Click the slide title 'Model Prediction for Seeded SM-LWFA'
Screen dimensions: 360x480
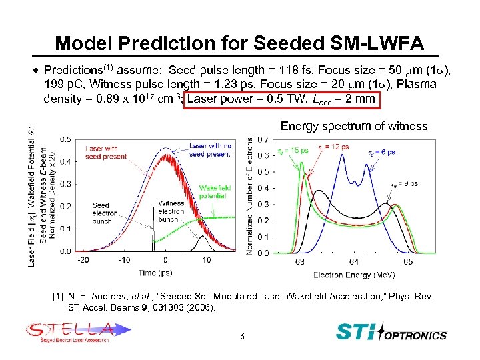(x=239, y=43)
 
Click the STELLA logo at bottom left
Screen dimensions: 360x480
(x=70, y=331)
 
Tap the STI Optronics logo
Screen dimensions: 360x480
(x=391, y=331)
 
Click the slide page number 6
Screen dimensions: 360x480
(x=243, y=337)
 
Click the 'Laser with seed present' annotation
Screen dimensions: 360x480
(x=102, y=153)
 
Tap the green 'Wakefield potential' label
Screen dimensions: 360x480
(x=214, y=193)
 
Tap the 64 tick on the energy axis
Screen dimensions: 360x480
(x=354, y=262)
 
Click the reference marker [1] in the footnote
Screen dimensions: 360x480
(x=58, y=295)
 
